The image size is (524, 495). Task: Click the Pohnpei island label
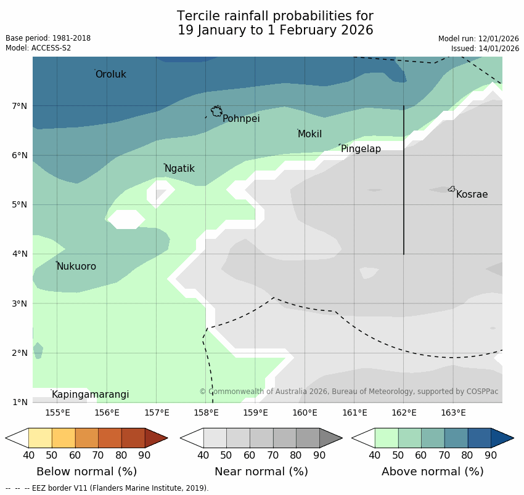[x=241, y=119]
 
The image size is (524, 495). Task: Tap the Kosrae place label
[x=472, y=195]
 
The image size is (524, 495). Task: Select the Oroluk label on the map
[x=111, y=74]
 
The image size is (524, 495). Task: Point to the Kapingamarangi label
[x=90, y=395]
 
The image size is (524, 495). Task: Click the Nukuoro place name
[x=76, y=267]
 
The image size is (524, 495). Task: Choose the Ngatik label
[x=179, y=169]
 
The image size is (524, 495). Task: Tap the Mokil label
[x=309, y=134]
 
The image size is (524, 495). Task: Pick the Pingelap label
[x=361, y=149]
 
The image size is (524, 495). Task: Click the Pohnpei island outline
[x=216, y=111]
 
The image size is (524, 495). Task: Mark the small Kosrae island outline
[x=452, y=189]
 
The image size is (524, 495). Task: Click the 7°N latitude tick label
[x=20, y=106]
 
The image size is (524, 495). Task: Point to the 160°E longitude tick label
[x=305, y=412]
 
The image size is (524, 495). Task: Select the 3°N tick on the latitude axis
[x=20, y=304]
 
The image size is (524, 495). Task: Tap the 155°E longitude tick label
[x=57, y=412]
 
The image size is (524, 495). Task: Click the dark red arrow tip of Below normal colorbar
[x=156, y=438]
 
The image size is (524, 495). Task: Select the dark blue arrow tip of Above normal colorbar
[x=502, y=438]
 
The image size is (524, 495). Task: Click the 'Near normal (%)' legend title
[x=261, y=472]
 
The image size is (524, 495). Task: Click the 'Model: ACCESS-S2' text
[x=38, y=48]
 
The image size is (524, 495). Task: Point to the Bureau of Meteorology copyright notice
[x=348, y=392]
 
